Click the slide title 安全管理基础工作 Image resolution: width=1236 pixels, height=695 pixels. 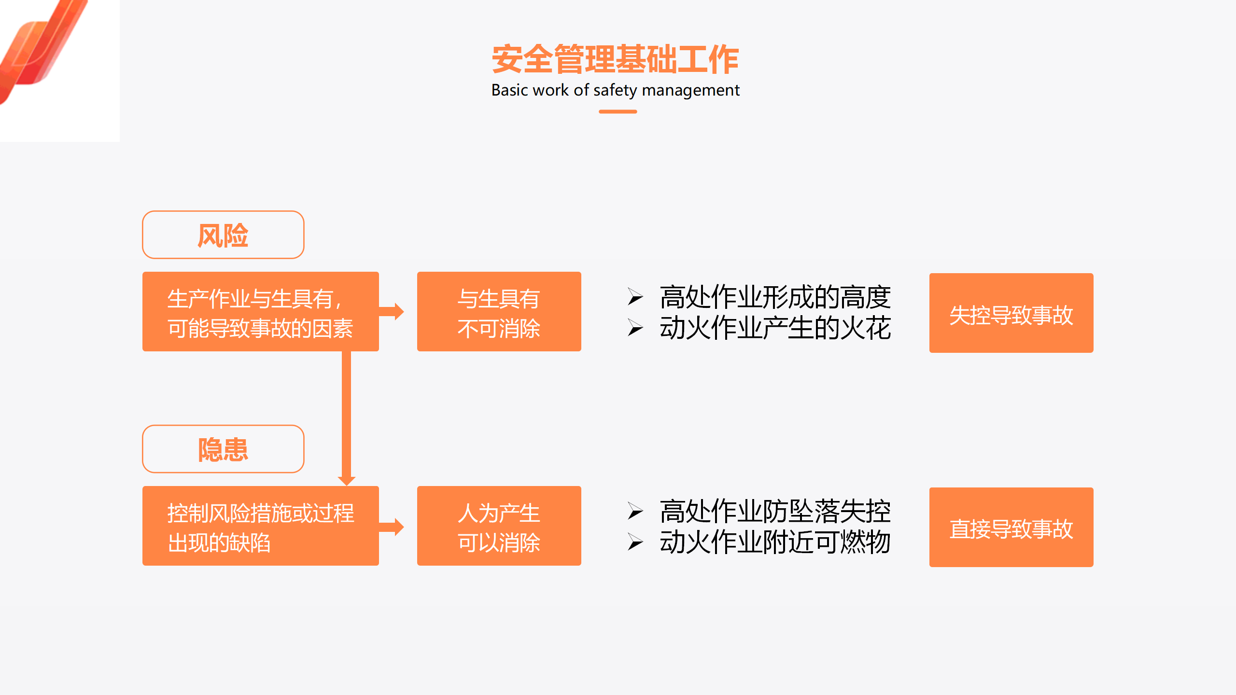616,59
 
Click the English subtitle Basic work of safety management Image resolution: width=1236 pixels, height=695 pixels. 616,90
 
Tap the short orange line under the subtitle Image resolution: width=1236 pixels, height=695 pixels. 618,111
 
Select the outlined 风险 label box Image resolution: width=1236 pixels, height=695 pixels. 223,235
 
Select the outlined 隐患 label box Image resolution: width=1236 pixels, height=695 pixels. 223,449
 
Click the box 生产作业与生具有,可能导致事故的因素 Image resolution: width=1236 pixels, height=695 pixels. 261,311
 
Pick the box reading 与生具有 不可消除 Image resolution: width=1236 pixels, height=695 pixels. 499,311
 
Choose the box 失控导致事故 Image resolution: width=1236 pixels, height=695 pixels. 1011,313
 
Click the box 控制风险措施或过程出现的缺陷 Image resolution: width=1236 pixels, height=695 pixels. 261,526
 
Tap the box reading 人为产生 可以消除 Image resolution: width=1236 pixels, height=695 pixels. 499,526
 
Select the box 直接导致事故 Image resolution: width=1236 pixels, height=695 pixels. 1011,527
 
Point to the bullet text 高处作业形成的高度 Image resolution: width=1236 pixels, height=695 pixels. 775,297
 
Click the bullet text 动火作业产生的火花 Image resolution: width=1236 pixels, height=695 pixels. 775,328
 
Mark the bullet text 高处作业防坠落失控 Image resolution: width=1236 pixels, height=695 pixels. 775,511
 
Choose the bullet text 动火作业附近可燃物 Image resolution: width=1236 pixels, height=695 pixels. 775,542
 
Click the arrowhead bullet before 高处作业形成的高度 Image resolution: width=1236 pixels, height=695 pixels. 635,297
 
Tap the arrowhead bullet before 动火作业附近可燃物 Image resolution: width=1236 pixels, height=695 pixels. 635,542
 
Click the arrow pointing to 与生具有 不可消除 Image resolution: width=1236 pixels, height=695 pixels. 391,311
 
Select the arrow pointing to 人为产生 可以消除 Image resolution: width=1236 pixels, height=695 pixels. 391,527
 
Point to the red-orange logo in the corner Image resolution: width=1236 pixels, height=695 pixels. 41,48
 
